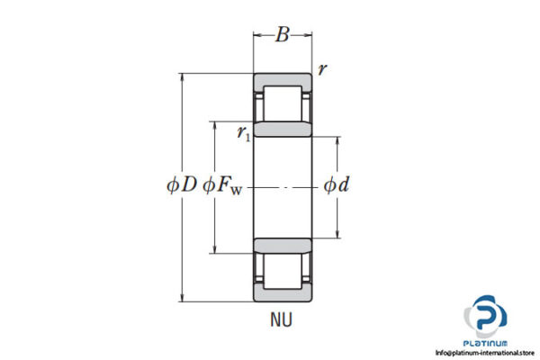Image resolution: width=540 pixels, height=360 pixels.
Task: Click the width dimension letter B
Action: point(283,36)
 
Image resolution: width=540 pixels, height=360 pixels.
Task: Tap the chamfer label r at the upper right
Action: point(321,69)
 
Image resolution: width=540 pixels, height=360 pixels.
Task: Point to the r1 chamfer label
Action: point(243,133)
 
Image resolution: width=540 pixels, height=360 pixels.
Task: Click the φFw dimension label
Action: point(223,186)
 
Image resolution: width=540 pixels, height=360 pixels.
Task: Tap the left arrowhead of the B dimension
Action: point(256,37)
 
